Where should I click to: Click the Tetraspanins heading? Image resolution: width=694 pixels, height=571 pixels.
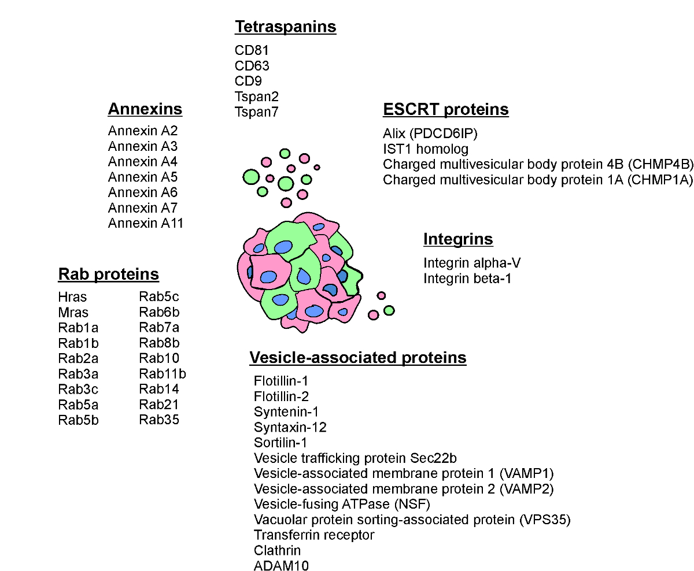[x=285, y=27]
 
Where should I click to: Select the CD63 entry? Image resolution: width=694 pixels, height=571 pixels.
[x=252, y=66]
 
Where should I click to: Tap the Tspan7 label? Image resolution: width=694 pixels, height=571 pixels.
[x=257, y=112]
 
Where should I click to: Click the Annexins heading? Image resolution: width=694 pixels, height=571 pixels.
[x=145, y=109]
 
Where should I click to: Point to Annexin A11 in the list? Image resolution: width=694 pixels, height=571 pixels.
[x=146, y=223]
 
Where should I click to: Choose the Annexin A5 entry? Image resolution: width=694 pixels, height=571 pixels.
[x=143, y=177]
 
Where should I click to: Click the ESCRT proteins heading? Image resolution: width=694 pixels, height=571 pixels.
[x=446, y=109]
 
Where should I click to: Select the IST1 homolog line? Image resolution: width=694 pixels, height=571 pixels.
[x=426, y=149]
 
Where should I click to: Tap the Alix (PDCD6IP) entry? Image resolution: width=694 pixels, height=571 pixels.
[x=430, y=134]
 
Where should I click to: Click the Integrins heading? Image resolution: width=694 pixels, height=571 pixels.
[x=458, y=239]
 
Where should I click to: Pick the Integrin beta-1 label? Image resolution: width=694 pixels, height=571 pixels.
[x=467, y=279]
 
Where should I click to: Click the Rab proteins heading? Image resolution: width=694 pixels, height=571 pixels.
[x=109, y=273]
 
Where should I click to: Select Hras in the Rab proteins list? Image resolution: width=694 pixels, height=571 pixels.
[x=72, y=297]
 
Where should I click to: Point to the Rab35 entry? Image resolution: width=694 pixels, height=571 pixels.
[x=159, y=420]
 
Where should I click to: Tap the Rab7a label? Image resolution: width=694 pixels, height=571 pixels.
[x=159, y=328]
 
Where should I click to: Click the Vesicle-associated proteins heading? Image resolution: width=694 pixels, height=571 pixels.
[x=358, y=358]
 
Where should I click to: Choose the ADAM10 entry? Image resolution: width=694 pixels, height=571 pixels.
[x=281, y=566]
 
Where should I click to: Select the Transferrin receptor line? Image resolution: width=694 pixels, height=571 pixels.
[x=314, y=535]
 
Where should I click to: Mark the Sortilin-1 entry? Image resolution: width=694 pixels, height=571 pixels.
[x=280, y=443]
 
